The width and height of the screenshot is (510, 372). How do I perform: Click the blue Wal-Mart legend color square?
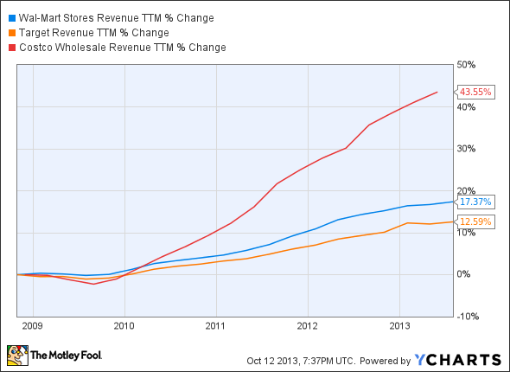(10, 18)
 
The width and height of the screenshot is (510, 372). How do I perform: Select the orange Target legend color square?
(10, 33)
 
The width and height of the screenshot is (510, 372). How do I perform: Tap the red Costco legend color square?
(10, 48)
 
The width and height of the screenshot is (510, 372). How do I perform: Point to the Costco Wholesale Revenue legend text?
(122, 48)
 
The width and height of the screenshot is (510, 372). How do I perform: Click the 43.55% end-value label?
(475, 92)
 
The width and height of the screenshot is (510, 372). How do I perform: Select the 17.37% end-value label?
(475, 202)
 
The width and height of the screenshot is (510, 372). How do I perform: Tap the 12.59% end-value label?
(475, 221)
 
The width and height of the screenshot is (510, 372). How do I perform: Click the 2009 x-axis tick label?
(31, 327)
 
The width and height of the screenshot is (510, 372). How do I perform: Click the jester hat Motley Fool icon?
(16, 355)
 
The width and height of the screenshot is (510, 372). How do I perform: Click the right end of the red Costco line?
(437, 92)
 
